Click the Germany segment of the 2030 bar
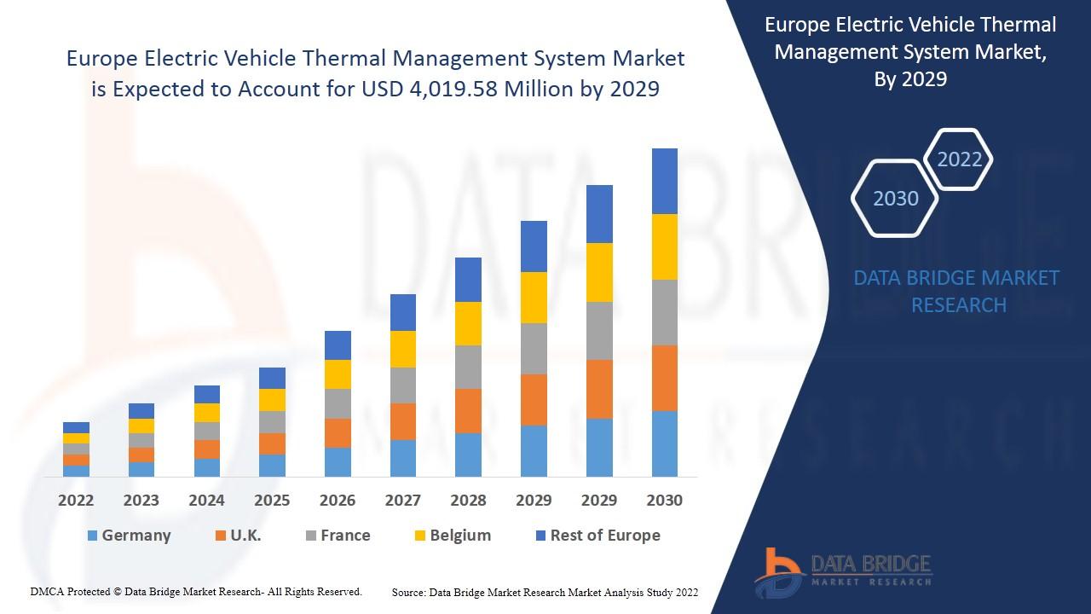click(x=664, y=443)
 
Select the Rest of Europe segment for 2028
click(x=468, y=280)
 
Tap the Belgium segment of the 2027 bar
click(x=402, y=349)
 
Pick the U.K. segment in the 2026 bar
click(x=338, y=433)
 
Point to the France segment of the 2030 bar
click(x=664, y=312)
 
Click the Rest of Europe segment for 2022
click(x=76, y=427)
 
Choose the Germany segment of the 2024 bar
click(x=206, y=467)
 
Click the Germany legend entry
click(x=129, y=536)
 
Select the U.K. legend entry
click(x=238, y=536)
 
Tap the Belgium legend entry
click(x=453, y=536)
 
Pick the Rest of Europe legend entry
click(x=597, y=536)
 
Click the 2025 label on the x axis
click(x=272, y=501)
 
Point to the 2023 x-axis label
click(x=141, y=501)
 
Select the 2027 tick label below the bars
click(x=402, y=501)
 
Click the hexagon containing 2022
click(x=959, y=159)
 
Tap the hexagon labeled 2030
click(x=896, y=198)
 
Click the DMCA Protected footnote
click(x=196, y=591)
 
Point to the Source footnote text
click(x=545, y=592)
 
